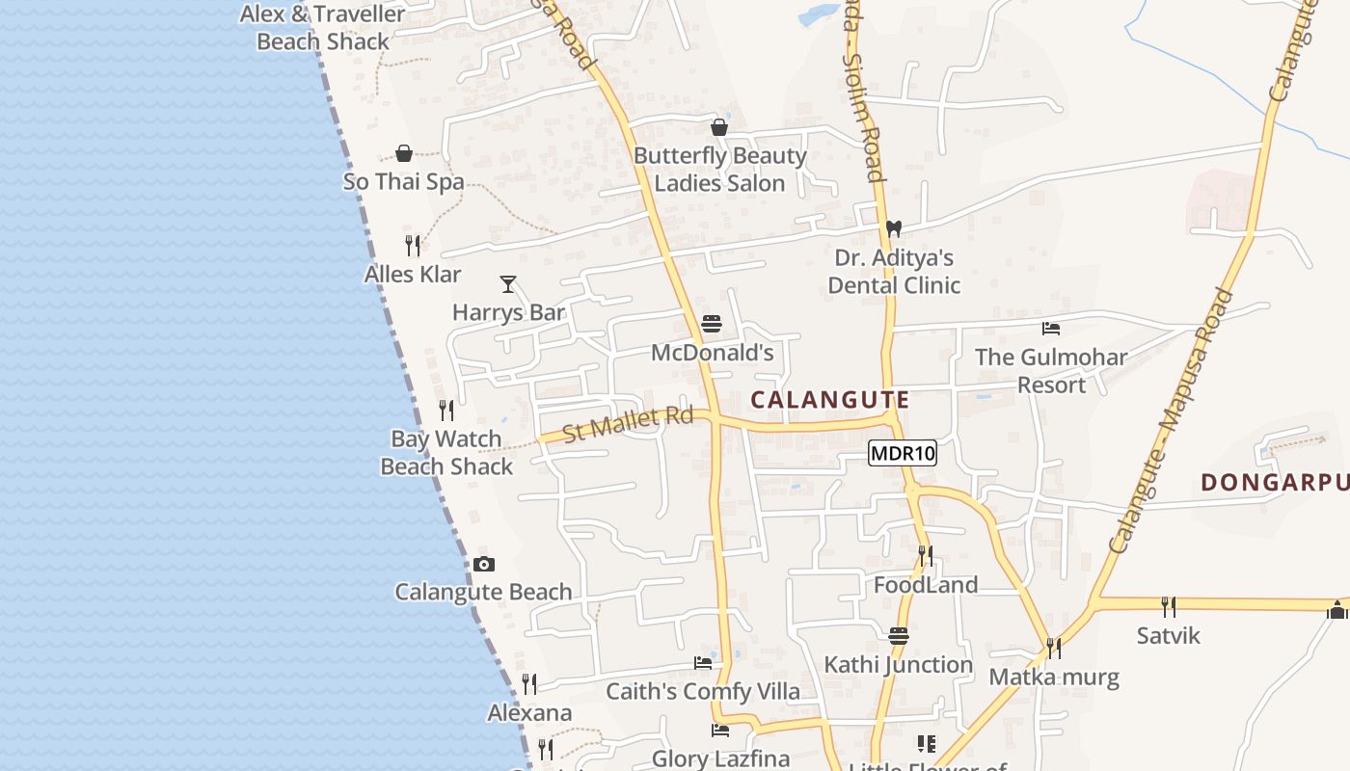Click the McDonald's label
[713, 353]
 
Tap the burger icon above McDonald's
[712, 324]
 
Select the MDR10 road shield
[903, 453]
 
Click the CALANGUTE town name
[830, 400]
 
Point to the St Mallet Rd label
[628, 424]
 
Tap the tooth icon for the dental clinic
[894, 229]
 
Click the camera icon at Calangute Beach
[484, 564]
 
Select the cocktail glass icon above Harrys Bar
[508, 284]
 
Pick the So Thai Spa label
[403, 181]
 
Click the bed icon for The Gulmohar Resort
[1051, 329]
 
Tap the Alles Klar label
[413, 274]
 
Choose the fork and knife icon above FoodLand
[925, 556]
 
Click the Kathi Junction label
[899, 664]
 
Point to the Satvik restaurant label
[1169, 635]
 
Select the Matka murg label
[1054, 677]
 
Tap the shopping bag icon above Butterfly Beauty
[718, 127]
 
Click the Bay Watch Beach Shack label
[446, 452]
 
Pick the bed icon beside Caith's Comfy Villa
[703, 663]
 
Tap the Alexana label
[529, 713]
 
